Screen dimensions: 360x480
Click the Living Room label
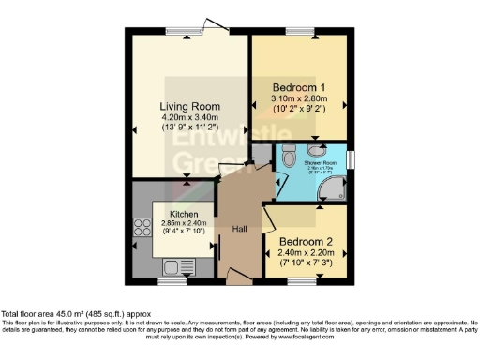188,106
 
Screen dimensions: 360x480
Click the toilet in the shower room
290,154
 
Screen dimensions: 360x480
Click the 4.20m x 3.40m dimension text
188,117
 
